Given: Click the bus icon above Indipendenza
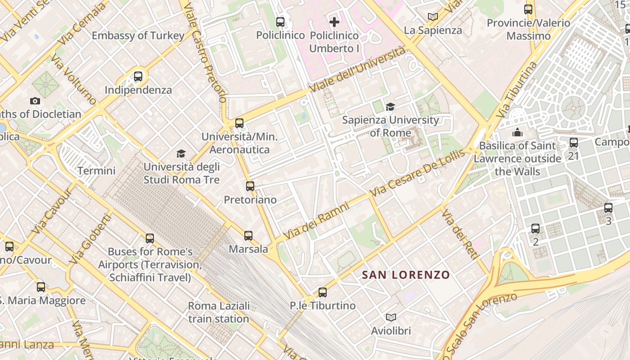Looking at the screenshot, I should pyautogui.click(x=138, y=76).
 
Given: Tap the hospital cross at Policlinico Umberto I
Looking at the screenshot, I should pyautogui.click(x=334, y=22).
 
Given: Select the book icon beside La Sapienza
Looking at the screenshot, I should pyautogui.click(x=433, y=17).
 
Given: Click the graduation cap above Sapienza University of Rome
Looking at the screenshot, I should pyautogui.click(x=390, y=107).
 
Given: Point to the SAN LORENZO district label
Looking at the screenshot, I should pyautogui.click(x=406, y=274).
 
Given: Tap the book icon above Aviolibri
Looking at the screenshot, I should pyautogui.click(x=391, y=317).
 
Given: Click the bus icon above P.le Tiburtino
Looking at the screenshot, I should pyautogui.click(x=323, y=292).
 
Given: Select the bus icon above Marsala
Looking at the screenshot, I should pyautogui.click(x=248, y=235).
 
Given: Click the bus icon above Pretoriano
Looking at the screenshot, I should pyautogui.click(x=250, y=186).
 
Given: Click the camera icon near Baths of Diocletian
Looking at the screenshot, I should pyautogui.click(x=35, y=101).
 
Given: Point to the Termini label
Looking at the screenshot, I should pyautogui.click(x=96, y=171).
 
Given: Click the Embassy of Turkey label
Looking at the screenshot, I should pyautogui.click(x=138, y=36).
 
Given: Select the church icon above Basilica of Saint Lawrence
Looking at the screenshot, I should pyautogui.click(x=517, y=132).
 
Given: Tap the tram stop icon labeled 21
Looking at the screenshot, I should pyautogui.click(x=573, y=143).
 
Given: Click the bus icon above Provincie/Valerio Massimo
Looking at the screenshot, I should pyautogui.click(x=528, y=9).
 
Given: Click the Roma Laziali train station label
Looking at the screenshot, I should pyautogui.click(x=219, y=312).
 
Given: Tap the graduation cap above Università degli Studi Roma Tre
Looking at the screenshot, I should pyautogui.click(x=181, y=153).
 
